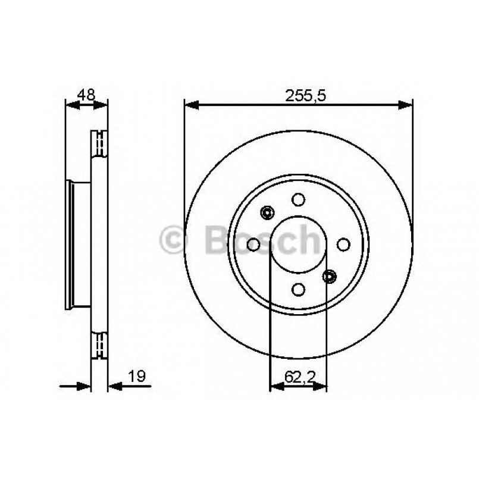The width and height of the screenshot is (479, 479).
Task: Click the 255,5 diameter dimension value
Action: point(299,95)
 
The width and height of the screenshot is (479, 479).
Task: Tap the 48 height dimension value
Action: point(86,94)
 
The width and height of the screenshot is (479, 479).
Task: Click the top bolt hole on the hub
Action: point(299,201)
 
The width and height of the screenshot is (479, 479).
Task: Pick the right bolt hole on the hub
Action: point(343,244)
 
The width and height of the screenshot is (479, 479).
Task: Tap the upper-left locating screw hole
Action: point(267,212)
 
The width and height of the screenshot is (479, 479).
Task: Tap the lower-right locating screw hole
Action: point(330,275)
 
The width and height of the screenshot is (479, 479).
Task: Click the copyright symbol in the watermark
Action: point(174,240)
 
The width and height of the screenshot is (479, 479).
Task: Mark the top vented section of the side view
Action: point(99,143)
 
